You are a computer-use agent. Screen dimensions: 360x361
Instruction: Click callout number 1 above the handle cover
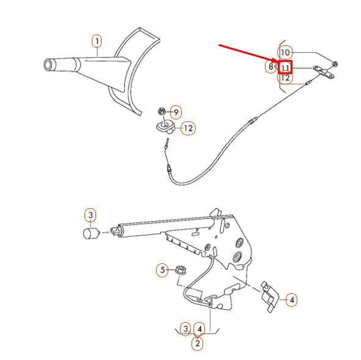(x=97, y=41)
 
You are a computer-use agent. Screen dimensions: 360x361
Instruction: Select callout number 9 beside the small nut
(x=176, y=112)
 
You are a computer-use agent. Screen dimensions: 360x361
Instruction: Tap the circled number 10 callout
(x=286, y=53)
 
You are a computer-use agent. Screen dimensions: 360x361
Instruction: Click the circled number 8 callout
(x=270, y=66)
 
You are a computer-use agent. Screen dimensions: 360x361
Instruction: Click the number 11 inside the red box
(x=285, y=67)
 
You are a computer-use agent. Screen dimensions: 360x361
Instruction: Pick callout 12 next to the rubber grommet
(x=188, y=129)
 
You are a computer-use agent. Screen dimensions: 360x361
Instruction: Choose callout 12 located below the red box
(x=286, y=78)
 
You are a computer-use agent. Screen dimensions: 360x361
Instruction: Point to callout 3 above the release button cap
(x=90, y=215)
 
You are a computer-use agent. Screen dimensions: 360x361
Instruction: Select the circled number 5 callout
(x=162, y=269)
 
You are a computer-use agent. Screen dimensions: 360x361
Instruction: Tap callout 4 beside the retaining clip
(x=292, y=300)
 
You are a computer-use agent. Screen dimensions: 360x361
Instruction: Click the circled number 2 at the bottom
(x=197, y=343)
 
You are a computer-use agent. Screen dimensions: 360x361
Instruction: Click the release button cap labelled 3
(x=91, y=233)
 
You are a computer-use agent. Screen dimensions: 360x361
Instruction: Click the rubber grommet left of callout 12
(x=165, y=127)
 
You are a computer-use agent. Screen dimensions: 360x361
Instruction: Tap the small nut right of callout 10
(x=335, y=64)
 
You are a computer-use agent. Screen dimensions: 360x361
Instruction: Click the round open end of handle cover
(x=49, y=65)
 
